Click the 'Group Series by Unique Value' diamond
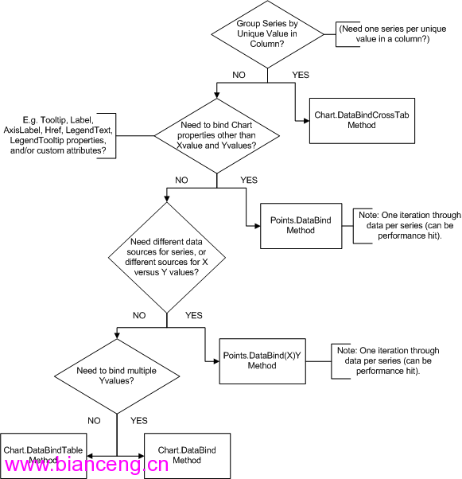pyautogui.click(x=267, y=34)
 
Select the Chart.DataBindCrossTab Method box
pyautogui.click(x=362, y=121)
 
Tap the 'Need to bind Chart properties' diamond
pyautogui.click(x=217, y=135)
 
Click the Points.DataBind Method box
pyautogui.click(x=301, y=226)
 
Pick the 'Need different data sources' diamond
pyautogui.click(x=167, y=258)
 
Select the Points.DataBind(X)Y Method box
pyautogui.click(x=262, y=361)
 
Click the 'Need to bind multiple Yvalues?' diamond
pyautogui.click(x=117, y=376)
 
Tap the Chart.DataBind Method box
pyautogui.click(x=187, y=455)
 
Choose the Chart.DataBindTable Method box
pyautogui.click(x=44, y=455)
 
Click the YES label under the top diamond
pyautogui.click(x=301, y=75)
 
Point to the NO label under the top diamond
pyautogui.click(x=239, y=75)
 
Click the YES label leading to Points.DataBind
pyautogui.click(x=249, y=180)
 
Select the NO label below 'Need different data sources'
pyautogui.click(x=139, y=315)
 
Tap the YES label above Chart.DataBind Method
pyautogui.click(x=139, y=421)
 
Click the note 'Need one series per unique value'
pyautogui.click(x=393, y=34)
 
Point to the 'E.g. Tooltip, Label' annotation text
pyautogui.click(x=58, y=135)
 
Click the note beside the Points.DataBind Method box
pyautogui.click(x=410, y=225)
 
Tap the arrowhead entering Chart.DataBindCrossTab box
pyautogui.click(x=307, y=121)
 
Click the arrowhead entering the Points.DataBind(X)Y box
pyautogui.click(x=216, y=361)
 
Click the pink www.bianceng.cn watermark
pyautogui.click(x=87, y=465)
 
